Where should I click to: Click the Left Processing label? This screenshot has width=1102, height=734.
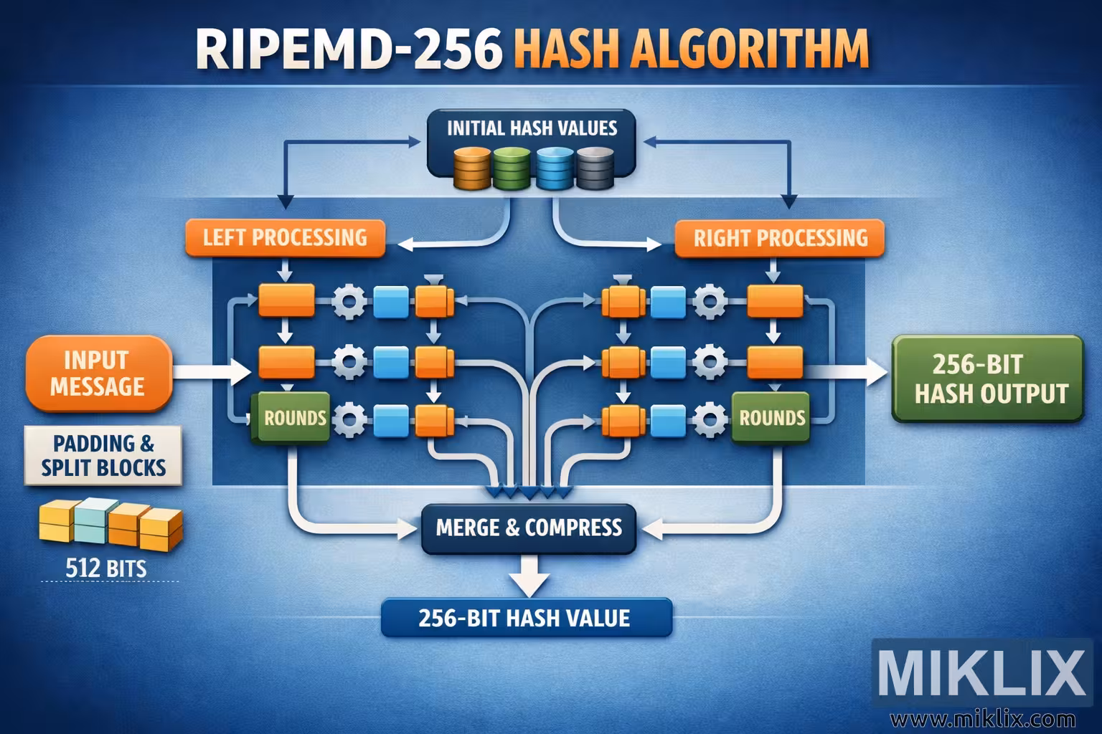(x=285, y=237)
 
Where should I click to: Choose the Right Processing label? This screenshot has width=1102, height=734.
(x=780, y=238)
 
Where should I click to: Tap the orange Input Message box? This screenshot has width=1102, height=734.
(x=98, y=373)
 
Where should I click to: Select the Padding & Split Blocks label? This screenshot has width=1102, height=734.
(x=103, y=455)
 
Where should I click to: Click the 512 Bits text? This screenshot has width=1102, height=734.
(x=105, y=569)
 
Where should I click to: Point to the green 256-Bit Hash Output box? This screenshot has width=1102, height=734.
(x=986, y=379)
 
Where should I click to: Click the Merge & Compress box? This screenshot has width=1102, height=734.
(x=529, y=528)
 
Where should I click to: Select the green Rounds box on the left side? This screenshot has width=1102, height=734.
(x=291, y=418)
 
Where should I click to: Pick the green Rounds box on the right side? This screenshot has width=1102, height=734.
(x=771, y=418)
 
